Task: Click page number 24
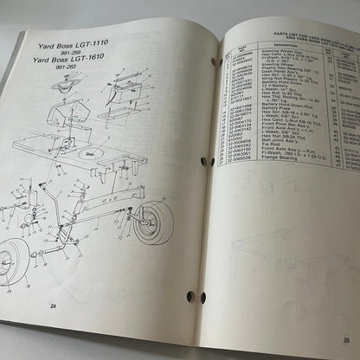pos(54,305)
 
